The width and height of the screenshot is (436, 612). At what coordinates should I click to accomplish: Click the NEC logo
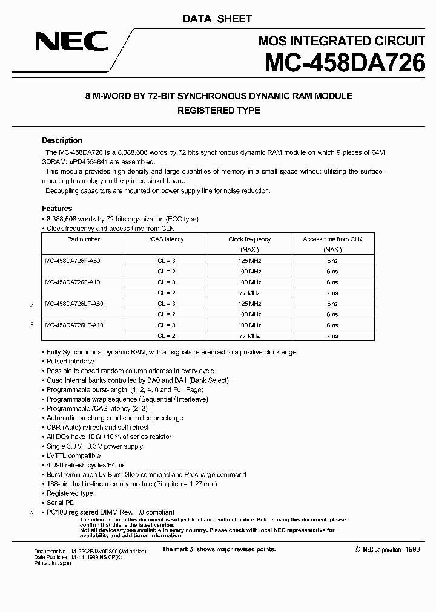pos(71,41)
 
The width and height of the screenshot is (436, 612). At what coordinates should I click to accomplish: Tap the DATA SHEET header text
pos(217,19)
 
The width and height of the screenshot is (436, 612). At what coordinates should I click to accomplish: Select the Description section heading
pos(62,140)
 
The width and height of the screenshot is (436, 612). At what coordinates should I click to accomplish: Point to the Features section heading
pos(57,209)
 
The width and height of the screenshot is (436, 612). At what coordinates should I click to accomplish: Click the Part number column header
pos(83,239)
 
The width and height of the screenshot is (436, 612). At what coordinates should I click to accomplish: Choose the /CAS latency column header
pos(166,239)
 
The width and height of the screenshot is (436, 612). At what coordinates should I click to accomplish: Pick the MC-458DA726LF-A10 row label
pos(75,325)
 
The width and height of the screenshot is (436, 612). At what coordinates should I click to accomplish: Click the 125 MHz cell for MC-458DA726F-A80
pos(249,261)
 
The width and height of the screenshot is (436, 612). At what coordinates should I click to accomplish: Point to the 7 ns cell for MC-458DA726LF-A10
pos(332,336)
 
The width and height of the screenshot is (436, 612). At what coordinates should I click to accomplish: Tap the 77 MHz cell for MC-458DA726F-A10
pos(249,293)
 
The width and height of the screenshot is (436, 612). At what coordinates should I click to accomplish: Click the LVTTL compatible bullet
pos(73,456)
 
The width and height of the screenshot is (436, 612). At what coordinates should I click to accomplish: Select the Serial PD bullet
pos(61,503)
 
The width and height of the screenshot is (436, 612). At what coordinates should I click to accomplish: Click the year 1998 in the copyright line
pos(411,549)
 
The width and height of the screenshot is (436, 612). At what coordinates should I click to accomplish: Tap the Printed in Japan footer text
pos(53,563)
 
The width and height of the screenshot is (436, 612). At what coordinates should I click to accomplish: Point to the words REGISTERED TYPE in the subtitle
pos(218,111)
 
